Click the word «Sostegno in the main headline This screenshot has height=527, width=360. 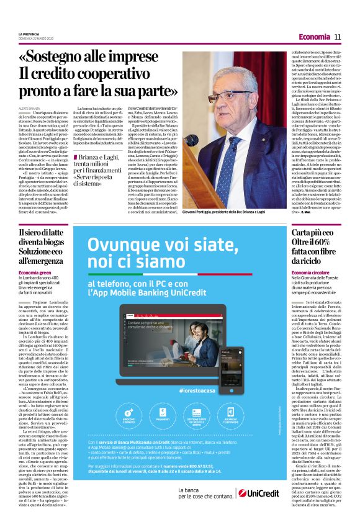pyautogui.click(x=50, y=57)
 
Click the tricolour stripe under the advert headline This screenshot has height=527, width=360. pyautogui.click(x=161, y=274)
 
